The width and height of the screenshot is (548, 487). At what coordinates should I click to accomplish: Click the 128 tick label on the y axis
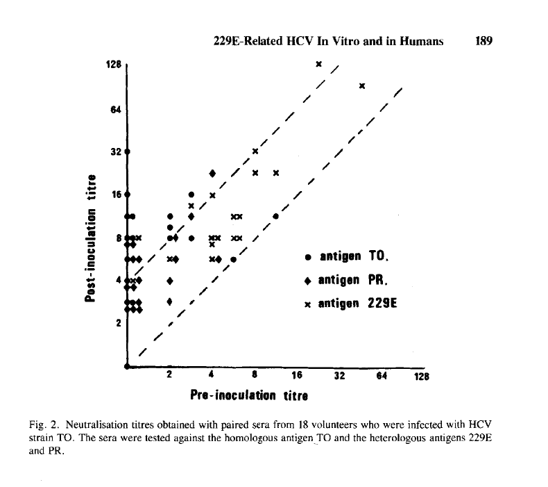pos(114,64)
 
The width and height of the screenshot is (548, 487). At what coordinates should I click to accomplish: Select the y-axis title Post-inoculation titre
pos(89,249)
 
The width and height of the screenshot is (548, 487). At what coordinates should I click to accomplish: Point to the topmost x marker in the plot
pos(318,64)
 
